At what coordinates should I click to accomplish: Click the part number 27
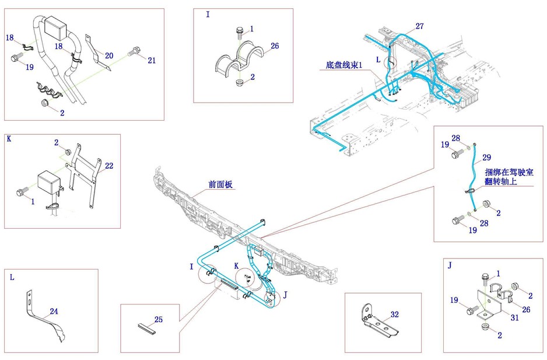[420, 26]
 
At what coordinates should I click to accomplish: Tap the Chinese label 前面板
[221, 184]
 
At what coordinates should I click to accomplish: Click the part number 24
[54, 312]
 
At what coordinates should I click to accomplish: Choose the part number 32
[395, 314]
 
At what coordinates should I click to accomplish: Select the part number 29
[487, 158]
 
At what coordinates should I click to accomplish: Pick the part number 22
[109, 166]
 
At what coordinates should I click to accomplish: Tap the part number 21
[152, 60]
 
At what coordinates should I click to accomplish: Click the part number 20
[109, 55]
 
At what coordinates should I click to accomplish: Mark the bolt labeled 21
[135, 51]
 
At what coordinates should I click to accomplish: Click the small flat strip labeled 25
[148, 330]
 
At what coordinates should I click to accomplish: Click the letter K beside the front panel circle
[237, 265]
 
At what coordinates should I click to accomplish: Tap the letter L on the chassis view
[378, 60]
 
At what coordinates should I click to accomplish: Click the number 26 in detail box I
[275, 46]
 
